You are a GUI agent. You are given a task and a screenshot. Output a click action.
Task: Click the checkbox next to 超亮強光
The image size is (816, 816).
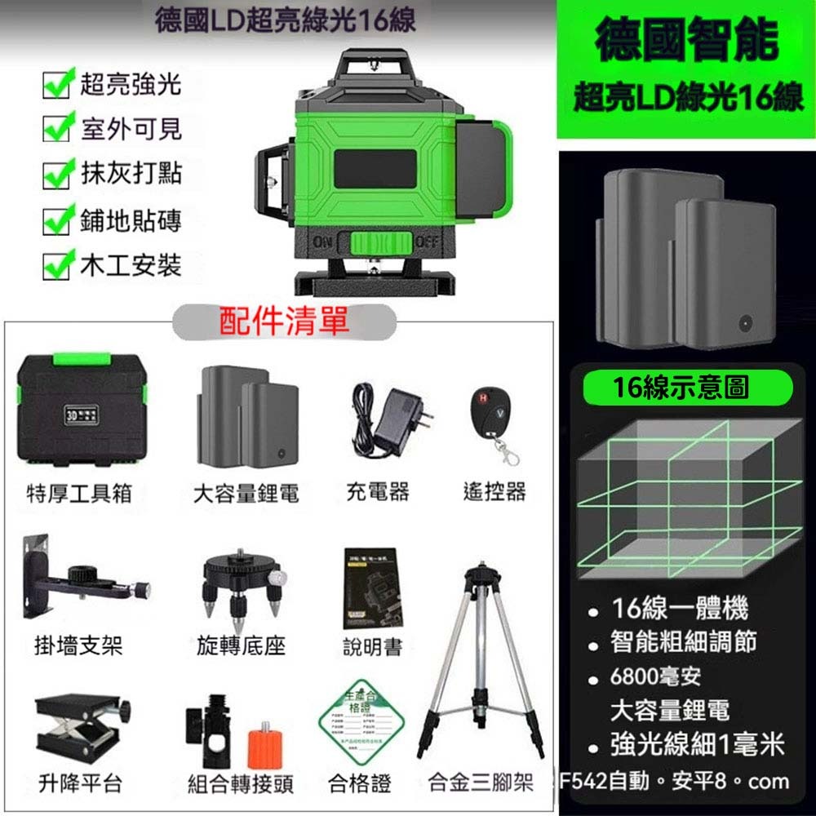[55, 85]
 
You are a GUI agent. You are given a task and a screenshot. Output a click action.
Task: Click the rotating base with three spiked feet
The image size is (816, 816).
[242, 581]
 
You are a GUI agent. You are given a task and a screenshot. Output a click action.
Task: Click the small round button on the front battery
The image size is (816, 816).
[745, 322]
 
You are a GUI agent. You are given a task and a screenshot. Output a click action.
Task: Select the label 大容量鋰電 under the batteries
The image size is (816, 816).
[246, 493]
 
